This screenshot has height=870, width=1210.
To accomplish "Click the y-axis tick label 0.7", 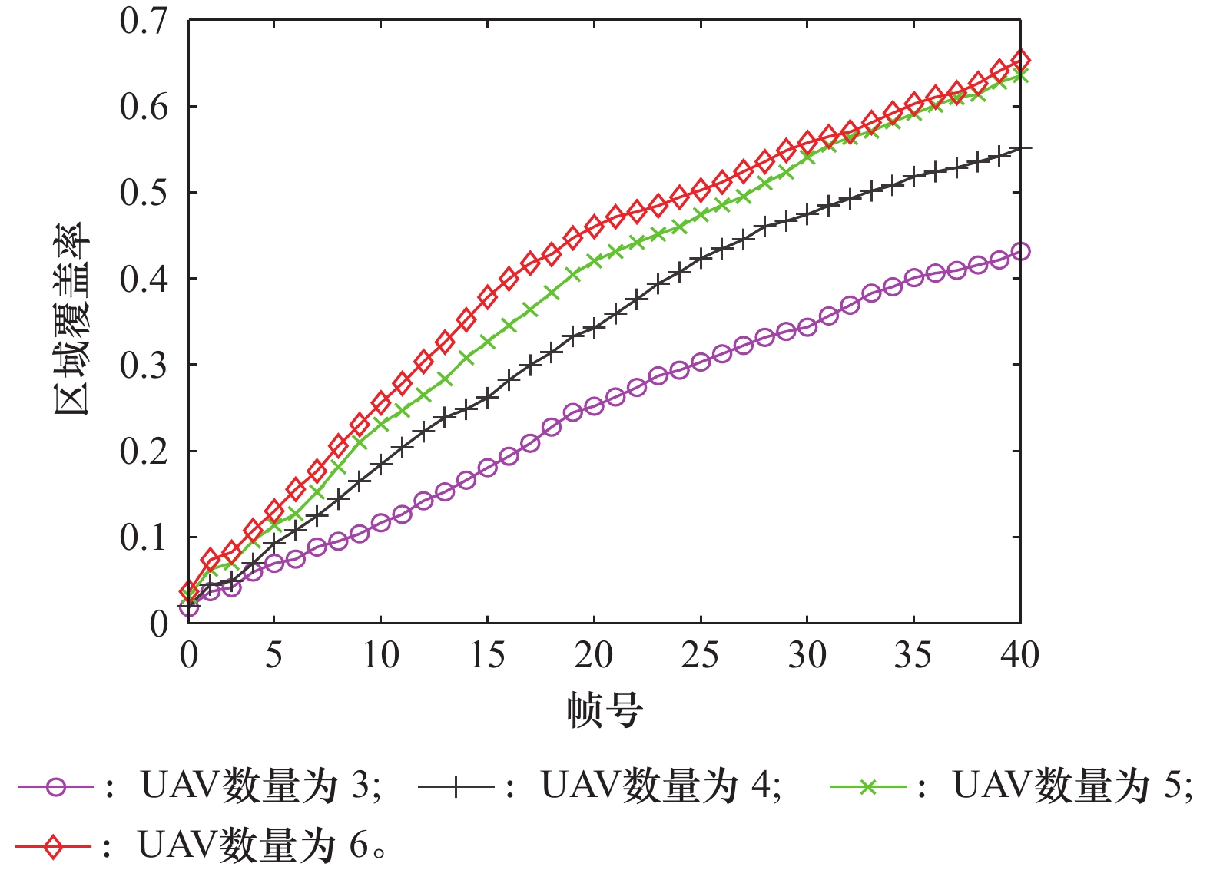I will point(144,22).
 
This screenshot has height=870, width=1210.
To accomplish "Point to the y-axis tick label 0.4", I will point(144,279).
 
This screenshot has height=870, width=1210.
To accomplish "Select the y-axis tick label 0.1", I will point(144,538).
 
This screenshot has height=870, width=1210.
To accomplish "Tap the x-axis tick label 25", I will point(700,655).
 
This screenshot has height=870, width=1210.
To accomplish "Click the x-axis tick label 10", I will point(380,655).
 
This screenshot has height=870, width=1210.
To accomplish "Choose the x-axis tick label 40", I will point(1019,655).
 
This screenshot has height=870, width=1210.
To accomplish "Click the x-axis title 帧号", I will point(605,710).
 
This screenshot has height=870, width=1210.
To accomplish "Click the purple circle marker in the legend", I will point(56,787).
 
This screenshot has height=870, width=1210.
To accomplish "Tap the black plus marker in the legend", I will point(456,787).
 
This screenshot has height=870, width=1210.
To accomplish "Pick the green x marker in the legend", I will point(868,787).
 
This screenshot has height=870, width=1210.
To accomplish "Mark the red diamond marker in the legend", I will point(53,847).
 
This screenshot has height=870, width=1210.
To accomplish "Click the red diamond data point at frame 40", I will point(1020,60).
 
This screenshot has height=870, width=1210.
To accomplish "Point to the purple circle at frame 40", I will point(1020,251).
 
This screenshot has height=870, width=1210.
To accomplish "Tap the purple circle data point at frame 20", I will point(594,406).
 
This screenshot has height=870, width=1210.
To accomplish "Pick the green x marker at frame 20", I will point(594,261).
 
